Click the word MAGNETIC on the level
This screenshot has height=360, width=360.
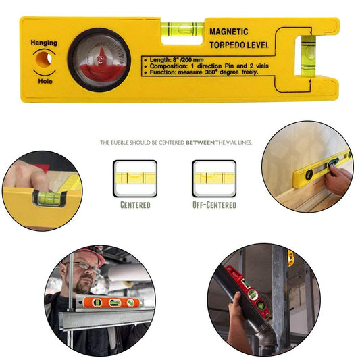[229, 32]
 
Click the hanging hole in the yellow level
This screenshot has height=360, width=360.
[44, 60]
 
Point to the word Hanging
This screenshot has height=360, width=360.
[44, 43]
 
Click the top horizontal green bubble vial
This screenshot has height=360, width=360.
[178, 28]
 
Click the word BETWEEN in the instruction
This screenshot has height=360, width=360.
[200, 143]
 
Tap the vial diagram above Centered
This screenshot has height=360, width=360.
[135, 178]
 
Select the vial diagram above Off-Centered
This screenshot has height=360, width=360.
[214, 178]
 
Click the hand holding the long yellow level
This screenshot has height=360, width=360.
[339, 177]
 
